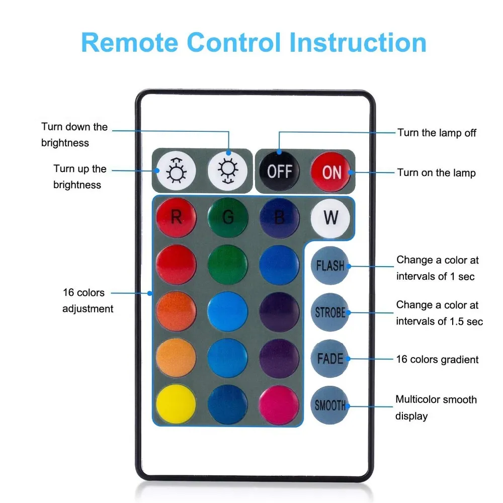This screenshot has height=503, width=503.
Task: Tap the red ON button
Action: [331, 172]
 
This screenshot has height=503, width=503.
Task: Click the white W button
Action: [330, 217]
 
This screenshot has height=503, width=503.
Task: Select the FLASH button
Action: [330, 265]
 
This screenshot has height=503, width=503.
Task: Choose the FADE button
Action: [330, 359]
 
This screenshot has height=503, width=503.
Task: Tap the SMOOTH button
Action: [330, 405]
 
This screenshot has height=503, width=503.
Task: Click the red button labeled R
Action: [176, 217]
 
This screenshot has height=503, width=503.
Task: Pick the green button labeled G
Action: [228, 217]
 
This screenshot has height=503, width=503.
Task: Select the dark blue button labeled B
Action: [279, 217]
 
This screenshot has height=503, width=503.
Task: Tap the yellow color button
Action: [176, 405]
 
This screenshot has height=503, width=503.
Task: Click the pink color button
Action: [279, 405]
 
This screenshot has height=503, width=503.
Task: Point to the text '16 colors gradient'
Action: [437, 359]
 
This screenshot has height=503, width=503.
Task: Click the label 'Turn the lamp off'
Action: [437, 133]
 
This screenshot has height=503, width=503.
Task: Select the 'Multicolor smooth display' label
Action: [436, 407]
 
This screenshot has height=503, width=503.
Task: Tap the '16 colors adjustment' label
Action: [88, 300]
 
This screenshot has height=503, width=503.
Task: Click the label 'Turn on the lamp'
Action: [436, 173]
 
